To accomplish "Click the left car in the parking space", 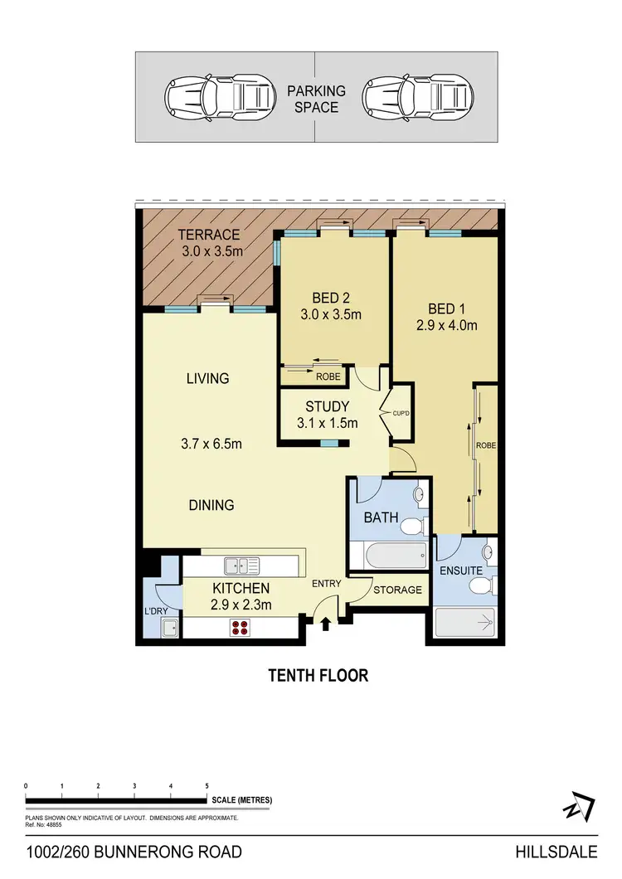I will (x=221, y=96).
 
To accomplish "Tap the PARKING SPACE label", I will (x=317, y=99).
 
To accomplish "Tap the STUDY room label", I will (x=328, y=406).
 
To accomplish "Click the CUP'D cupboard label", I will (x=390, y=409).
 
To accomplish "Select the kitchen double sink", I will (x=242, y=566).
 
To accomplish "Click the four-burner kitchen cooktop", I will (x=241, y=628).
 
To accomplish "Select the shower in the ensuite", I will (x=465, y=621).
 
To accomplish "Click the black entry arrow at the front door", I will (x=326, y=622).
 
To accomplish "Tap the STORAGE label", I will (x=397, y=590).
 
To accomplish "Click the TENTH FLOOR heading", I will (x=318, y=675).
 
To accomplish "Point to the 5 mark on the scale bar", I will (x=207, y=784).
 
